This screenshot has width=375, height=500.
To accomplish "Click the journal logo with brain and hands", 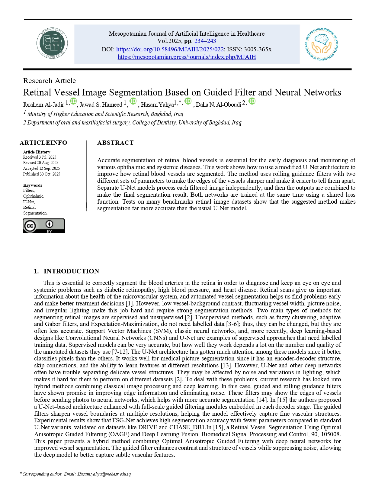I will tap(322, 44).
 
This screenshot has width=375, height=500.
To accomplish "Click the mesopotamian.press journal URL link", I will tap(187, 57).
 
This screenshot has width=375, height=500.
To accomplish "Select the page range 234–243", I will tap(205, 41).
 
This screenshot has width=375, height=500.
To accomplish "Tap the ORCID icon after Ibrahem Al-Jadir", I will tap(73, 102).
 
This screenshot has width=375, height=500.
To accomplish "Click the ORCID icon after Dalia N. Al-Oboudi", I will tap(252, 102).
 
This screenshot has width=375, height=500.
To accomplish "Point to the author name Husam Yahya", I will tap(157, 105).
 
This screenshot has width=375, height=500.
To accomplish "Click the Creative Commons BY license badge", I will tap(44, 226).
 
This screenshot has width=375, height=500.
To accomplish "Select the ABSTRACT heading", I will tap(115, 143).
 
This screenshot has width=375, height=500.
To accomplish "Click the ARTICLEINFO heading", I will tap(43, 143).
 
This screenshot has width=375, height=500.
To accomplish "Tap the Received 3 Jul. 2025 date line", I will tap(40, 157).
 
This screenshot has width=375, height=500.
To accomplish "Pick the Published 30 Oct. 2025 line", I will tap(41, 174).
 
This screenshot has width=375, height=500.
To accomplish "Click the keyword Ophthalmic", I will tap(34, 196).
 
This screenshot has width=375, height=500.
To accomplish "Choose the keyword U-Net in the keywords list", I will tap(29, 202).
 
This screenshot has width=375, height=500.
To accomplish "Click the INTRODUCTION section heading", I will tap(71, 271).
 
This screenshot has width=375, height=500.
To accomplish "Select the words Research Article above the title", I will tap(50, 81).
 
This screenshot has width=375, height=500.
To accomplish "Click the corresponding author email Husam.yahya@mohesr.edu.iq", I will tap(104, 474).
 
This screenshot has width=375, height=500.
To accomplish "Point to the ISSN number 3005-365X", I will tap(258, 49).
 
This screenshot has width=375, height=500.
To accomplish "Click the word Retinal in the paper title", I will tap(39, 92).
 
